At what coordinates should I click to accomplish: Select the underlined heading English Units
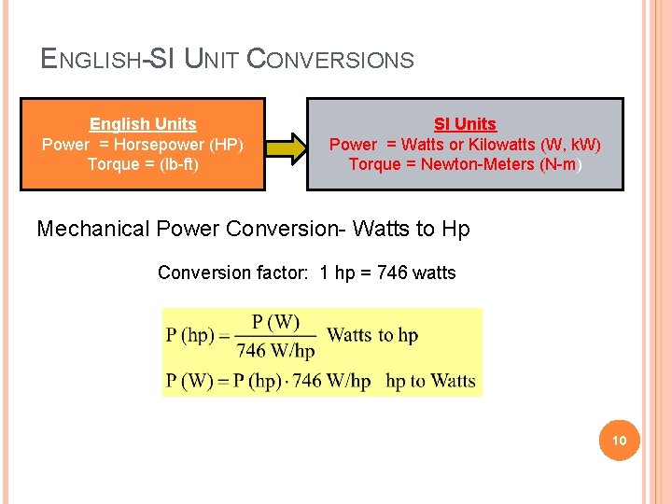(x=143, y=124)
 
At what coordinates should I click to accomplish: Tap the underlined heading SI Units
(x=465, y=124)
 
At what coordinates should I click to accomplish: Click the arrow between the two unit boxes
(x=286, y=145)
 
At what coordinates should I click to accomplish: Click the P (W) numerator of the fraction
(x=275, y=323)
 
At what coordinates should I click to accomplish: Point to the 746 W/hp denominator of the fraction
(x=275, y=351)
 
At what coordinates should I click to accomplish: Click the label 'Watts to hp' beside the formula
(x=372, y=335)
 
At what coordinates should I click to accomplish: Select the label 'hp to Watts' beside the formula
(x=430, y=381)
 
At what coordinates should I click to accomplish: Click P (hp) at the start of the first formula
(x=191, y=335)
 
